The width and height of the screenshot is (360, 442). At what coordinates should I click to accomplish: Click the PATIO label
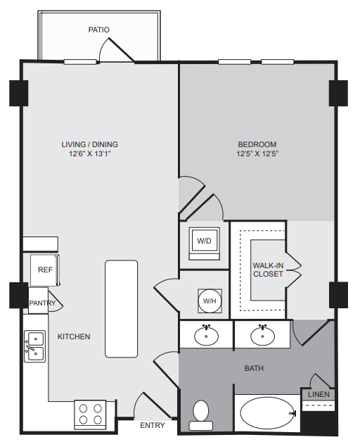coord(98,30)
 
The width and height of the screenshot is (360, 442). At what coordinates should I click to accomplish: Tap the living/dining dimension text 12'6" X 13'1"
coord(90,153)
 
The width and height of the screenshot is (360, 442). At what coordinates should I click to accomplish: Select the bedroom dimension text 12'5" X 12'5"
coord(257,153)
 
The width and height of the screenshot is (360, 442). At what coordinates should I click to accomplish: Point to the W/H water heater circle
coord(210,301)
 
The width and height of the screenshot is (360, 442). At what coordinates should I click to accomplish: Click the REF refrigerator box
coord(45,270)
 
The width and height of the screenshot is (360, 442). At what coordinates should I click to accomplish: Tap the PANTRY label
coord(42,303)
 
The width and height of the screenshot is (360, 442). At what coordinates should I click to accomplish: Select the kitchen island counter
coord(122,309)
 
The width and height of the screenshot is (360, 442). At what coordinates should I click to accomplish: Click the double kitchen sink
coord(35,346)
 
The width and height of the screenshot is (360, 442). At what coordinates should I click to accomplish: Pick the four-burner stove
coord(90,414)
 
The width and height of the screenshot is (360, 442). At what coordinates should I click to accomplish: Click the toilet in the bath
coord(201,415)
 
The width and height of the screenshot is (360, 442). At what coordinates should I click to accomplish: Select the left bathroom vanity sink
coord(206,336)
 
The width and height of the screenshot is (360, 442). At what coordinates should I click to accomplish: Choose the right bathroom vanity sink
coord(262,336)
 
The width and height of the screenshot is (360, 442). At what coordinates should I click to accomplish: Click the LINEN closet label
coord(319,394)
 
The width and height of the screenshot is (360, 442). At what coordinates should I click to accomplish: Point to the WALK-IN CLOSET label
coord(268,270)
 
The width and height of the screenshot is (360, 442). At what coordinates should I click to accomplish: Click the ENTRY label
coord(153,425)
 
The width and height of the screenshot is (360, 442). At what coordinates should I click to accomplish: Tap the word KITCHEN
coord(74,336)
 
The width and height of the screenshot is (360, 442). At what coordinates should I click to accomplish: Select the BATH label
coord(254,368)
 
